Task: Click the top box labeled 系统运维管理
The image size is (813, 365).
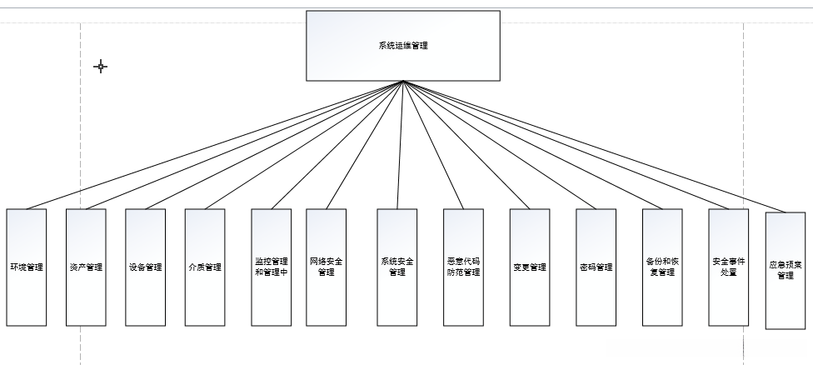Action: tap(403, 46)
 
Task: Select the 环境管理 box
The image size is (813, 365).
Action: tap(26, 267)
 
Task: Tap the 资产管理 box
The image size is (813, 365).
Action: tap(86, 267)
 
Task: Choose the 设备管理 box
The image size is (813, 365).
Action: tap(146, 267)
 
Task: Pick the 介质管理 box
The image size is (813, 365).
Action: tap(205, 267)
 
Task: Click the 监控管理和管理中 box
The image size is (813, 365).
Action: tap(272, 267)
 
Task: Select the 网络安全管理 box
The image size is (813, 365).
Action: tap(326, 267)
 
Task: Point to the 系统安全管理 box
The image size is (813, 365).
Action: tap(397, 267)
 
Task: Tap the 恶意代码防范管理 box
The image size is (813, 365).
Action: tap(463, 267)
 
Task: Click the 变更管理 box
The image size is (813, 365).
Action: tap(530, 267)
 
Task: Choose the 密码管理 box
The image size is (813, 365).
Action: tap(596, 267)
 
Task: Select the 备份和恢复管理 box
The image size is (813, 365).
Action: tap(662, 267)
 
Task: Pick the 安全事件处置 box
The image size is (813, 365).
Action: tap(729, 267)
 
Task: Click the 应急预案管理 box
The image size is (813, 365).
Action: tap(786, 271)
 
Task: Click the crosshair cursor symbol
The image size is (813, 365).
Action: tap(101, 67)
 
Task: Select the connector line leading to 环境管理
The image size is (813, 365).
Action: tap(215, 145)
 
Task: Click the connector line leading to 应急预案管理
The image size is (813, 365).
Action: tap(595, 147)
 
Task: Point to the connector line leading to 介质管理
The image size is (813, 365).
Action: tap(304, 145)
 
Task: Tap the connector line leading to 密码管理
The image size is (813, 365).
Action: tap(500, 145)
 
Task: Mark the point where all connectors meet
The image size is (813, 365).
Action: tap(403, 82)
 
